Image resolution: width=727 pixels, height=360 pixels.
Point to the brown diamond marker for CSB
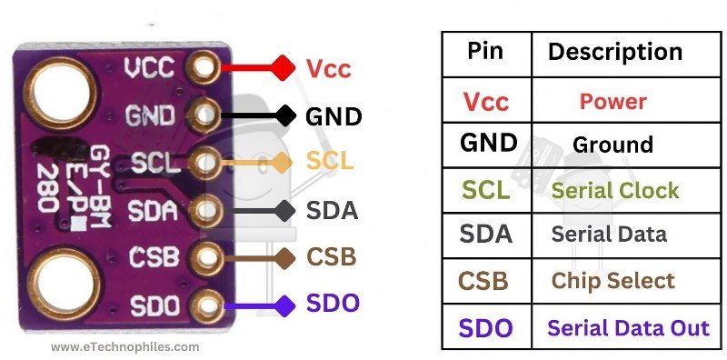(x=284, y=257)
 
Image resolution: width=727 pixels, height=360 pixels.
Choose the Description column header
(x=615, y=52)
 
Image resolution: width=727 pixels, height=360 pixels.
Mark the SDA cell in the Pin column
(x=486, y=234)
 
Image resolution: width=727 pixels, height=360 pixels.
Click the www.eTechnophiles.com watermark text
(x=124, y=347)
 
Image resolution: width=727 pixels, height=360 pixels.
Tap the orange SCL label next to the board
(x=329, y=163)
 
